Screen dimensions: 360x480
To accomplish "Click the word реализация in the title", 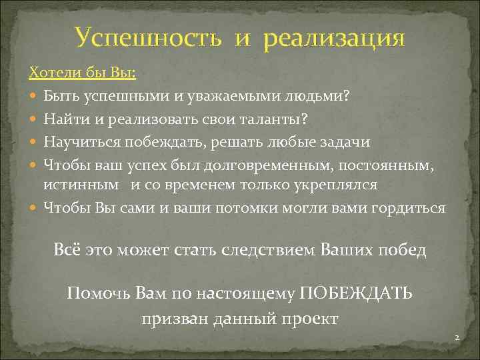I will (x=334, y=38).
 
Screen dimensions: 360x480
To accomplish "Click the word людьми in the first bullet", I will (x=317, y=96).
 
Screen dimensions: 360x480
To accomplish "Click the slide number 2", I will (x=457, y=339).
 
